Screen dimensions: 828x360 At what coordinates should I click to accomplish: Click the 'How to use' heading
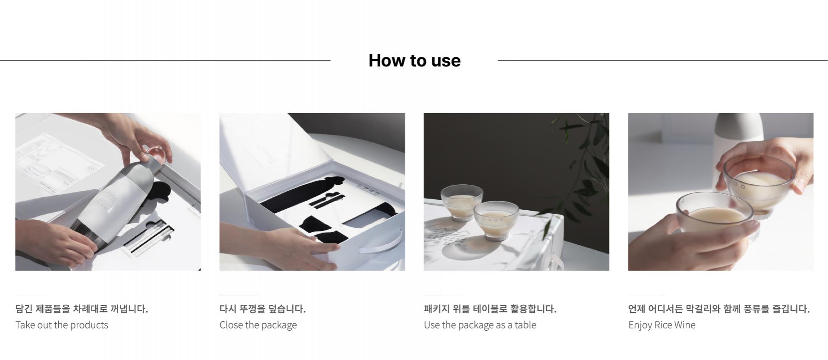pyautogui.click(x=414, y=60)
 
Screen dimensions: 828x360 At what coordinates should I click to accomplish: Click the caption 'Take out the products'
pyautogui.click(x=62, y=325)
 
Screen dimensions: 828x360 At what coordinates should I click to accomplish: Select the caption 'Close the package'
pyautogui.click(x=258, y=325)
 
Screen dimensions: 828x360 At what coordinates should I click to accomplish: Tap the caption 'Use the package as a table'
pyautogui.click(x=480, y=325)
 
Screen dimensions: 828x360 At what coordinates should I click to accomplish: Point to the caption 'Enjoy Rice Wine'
pyautogui.click(x=662, y=325)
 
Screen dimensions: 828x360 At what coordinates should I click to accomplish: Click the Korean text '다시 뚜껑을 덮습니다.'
pyautogui.click(x=262, y=309)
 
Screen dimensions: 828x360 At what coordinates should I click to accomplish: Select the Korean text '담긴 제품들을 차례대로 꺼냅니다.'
pyautogui.click(x=82, y=309)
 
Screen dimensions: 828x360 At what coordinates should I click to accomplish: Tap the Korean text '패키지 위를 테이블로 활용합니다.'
pyautogui.click(x=490, y=309)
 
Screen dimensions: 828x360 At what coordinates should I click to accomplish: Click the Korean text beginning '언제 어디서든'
pyautogui.click(x=719, y=309)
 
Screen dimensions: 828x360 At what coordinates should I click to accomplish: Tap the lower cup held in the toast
pyautogui.click(x=714, y=218)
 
